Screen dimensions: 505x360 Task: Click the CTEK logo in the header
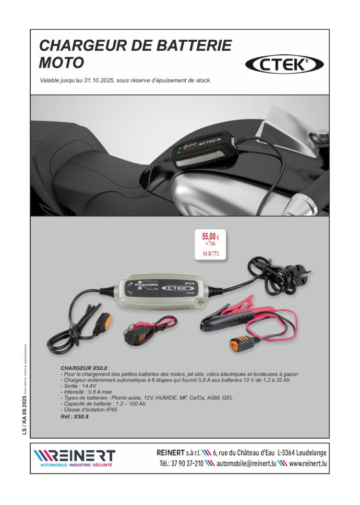click(x=284, y=64)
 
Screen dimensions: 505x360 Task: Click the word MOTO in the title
click(x=61, y=63)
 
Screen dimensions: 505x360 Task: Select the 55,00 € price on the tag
click(x=210, y=236)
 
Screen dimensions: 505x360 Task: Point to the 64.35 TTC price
click(x=211, y=254)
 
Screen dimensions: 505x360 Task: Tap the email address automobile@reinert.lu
click(x=246, y=464)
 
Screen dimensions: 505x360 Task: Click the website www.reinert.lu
click(x=308, y=464)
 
